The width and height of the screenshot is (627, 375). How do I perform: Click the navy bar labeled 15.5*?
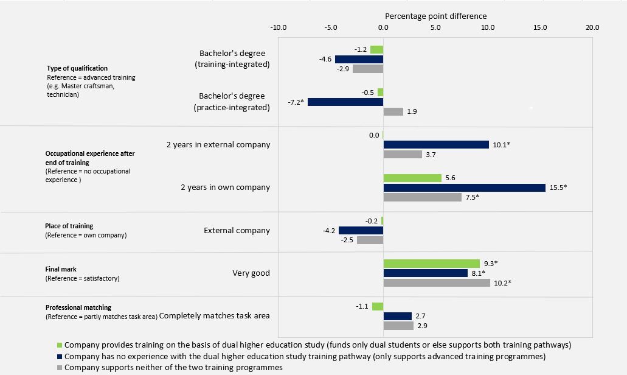pos(464,187)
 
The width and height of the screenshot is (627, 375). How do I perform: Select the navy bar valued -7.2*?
pos(345,102)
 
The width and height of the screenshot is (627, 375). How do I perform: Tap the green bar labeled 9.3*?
pos(431,264)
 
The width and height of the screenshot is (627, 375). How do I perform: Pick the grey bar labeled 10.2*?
pos(437,283)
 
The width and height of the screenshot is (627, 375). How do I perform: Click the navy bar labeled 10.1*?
pos(436,145)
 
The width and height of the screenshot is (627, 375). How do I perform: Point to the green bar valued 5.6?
pos(412,178)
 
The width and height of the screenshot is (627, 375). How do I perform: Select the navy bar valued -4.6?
pos(359,59)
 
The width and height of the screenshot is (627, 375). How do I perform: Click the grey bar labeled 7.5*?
pos(422,197)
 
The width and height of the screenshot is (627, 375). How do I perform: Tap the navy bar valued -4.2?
pos(361,231)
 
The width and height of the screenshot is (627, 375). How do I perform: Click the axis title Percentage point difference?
pos(436,16)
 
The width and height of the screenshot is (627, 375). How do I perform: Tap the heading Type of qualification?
pos(77,68)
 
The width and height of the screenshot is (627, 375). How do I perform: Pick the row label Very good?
pos(251,273)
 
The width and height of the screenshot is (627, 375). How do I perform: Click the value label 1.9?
pos(412,112)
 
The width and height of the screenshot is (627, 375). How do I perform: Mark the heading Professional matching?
pos(78,307)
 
